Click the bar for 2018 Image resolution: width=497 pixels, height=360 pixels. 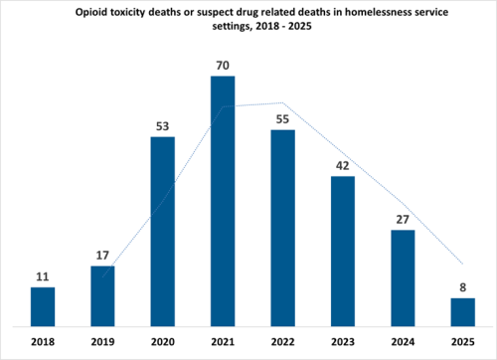click(43, 306)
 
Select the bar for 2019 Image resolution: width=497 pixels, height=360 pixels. click(102, 295)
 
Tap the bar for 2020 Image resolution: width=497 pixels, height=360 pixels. click(163, 231)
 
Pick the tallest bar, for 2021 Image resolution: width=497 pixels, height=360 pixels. click(223, 200)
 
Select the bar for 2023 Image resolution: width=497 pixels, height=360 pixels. click(343, 251)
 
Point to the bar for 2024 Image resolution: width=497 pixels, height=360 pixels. click(403, 277)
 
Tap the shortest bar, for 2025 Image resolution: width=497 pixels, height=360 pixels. click(462, 311)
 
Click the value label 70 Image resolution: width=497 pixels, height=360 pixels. click(223, 67)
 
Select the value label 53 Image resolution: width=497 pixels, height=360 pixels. click(163, 127)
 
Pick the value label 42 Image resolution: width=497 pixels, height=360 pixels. click(343, 166)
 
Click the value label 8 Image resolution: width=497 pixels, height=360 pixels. click(462, 288)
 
